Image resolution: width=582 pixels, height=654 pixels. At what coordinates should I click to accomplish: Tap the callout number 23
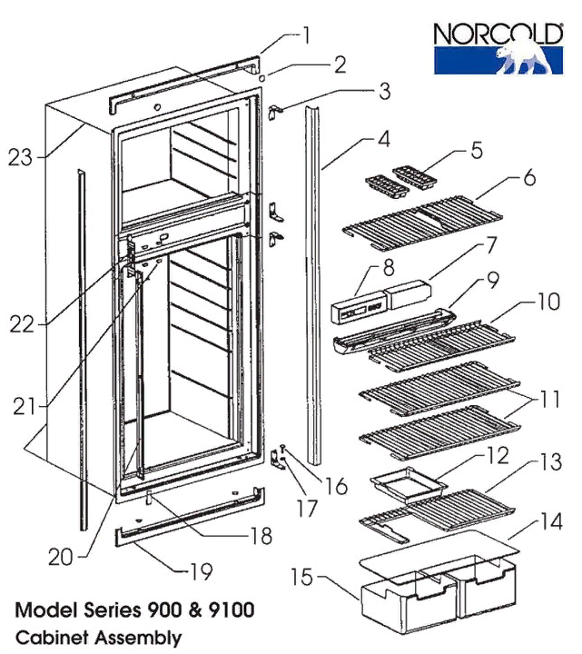pyautogui.click(x=20, y=157)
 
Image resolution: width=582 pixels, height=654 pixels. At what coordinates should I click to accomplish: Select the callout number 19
pyautogui.click(x=200, y=571)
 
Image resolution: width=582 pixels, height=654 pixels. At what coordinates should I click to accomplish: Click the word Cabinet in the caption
pyautogui.click(x=49, y=638)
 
